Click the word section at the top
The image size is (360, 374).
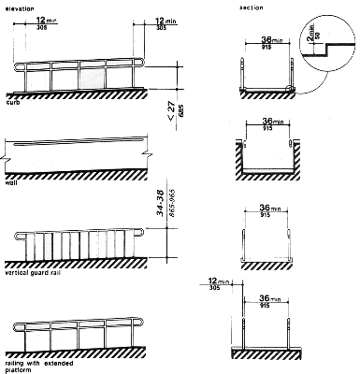[x=249, y=7]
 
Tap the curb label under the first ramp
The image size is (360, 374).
[x=13, y=103]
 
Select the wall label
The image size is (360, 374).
[x=12, y=184]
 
